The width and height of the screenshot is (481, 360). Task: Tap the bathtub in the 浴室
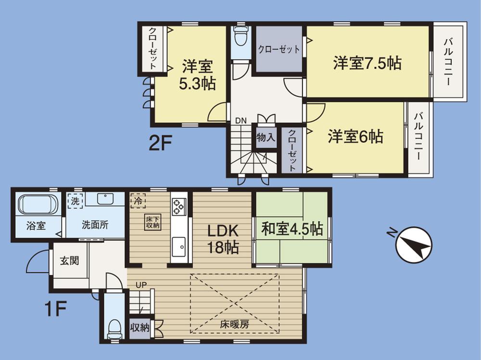37,205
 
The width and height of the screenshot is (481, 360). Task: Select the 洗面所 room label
95,224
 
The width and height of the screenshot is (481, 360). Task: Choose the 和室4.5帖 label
292,229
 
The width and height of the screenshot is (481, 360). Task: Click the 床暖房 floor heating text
235,324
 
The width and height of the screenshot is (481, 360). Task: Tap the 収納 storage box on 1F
140,328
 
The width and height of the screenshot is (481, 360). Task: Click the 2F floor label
160,144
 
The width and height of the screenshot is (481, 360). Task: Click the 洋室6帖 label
355,137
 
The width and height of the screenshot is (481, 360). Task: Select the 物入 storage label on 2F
266,137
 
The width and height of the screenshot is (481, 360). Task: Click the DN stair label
241,121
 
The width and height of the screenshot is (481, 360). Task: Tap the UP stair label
140,285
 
